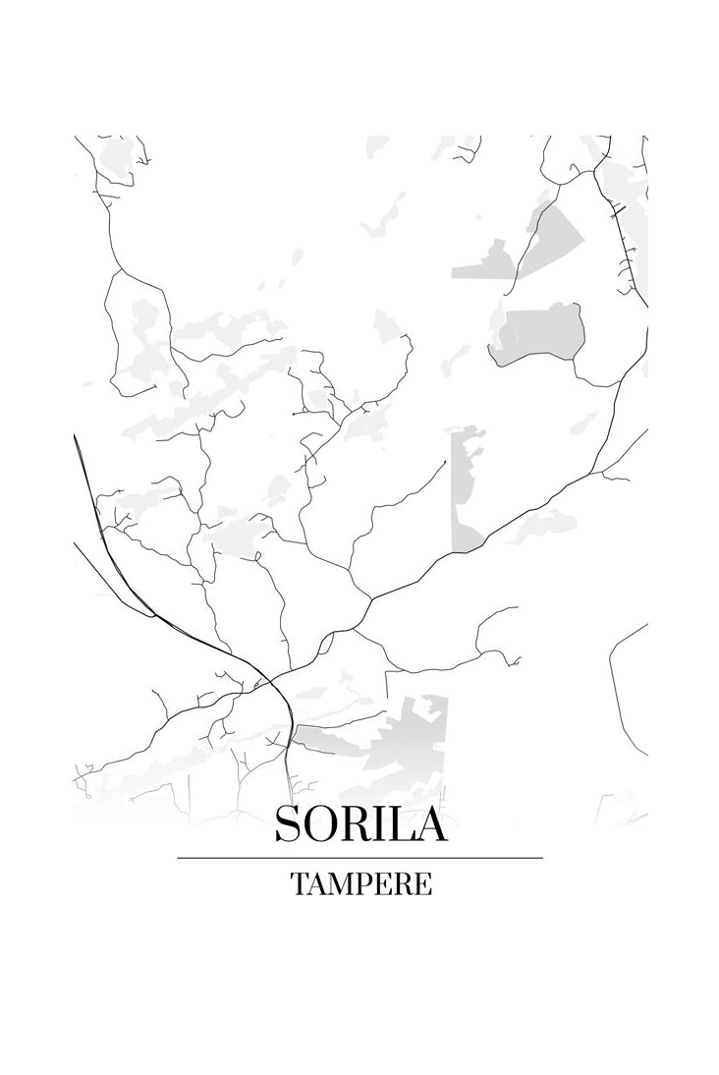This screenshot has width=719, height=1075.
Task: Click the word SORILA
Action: tap(360, 823)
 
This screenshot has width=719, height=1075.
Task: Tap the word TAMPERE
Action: tap(360, 884)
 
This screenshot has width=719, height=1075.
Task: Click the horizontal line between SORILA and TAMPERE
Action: tap(359, 858)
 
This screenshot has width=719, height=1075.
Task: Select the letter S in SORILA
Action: tap(288, 823)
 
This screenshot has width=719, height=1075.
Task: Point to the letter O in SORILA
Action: tap(319, 823)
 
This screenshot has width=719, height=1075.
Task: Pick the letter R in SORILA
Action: tap(354, 823)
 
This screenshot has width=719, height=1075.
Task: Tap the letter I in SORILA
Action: tap(379, 823)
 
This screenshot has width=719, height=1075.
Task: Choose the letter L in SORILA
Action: tap(400, 823)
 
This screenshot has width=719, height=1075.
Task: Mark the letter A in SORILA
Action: tap(429, 823)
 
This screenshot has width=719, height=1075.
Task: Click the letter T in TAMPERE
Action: tap(299, 884)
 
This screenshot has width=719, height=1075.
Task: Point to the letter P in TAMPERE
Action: tap(363, 884)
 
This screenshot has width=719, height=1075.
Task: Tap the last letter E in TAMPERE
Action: tap(422, 884)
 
